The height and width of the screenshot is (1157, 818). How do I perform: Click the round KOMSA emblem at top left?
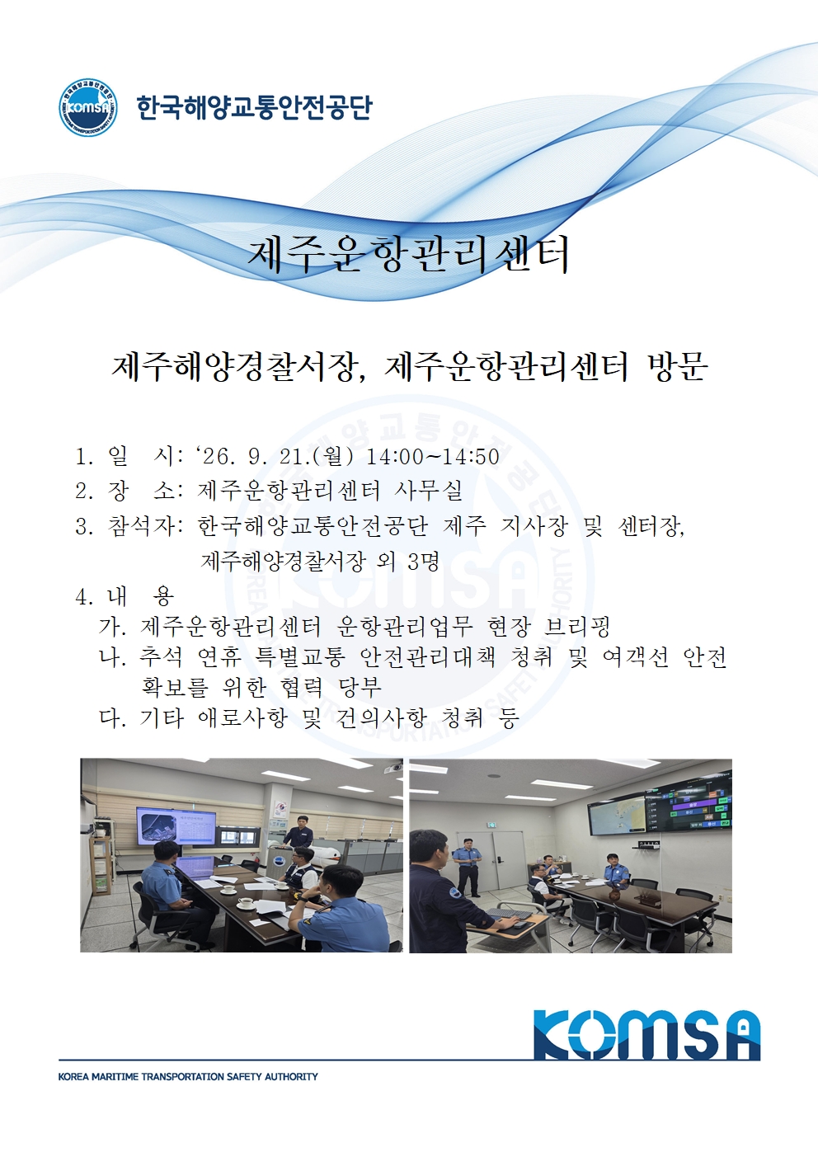(87, 107)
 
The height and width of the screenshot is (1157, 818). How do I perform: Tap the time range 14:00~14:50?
(433, 457)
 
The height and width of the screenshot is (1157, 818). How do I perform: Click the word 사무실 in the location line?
(428, 491)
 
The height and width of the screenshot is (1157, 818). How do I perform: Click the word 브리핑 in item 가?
(577, 627)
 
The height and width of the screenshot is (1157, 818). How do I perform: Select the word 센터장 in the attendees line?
(651, 526)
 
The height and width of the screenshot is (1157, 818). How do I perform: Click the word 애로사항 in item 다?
(242, 717)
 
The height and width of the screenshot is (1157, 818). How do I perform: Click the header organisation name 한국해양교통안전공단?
(254, 107)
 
